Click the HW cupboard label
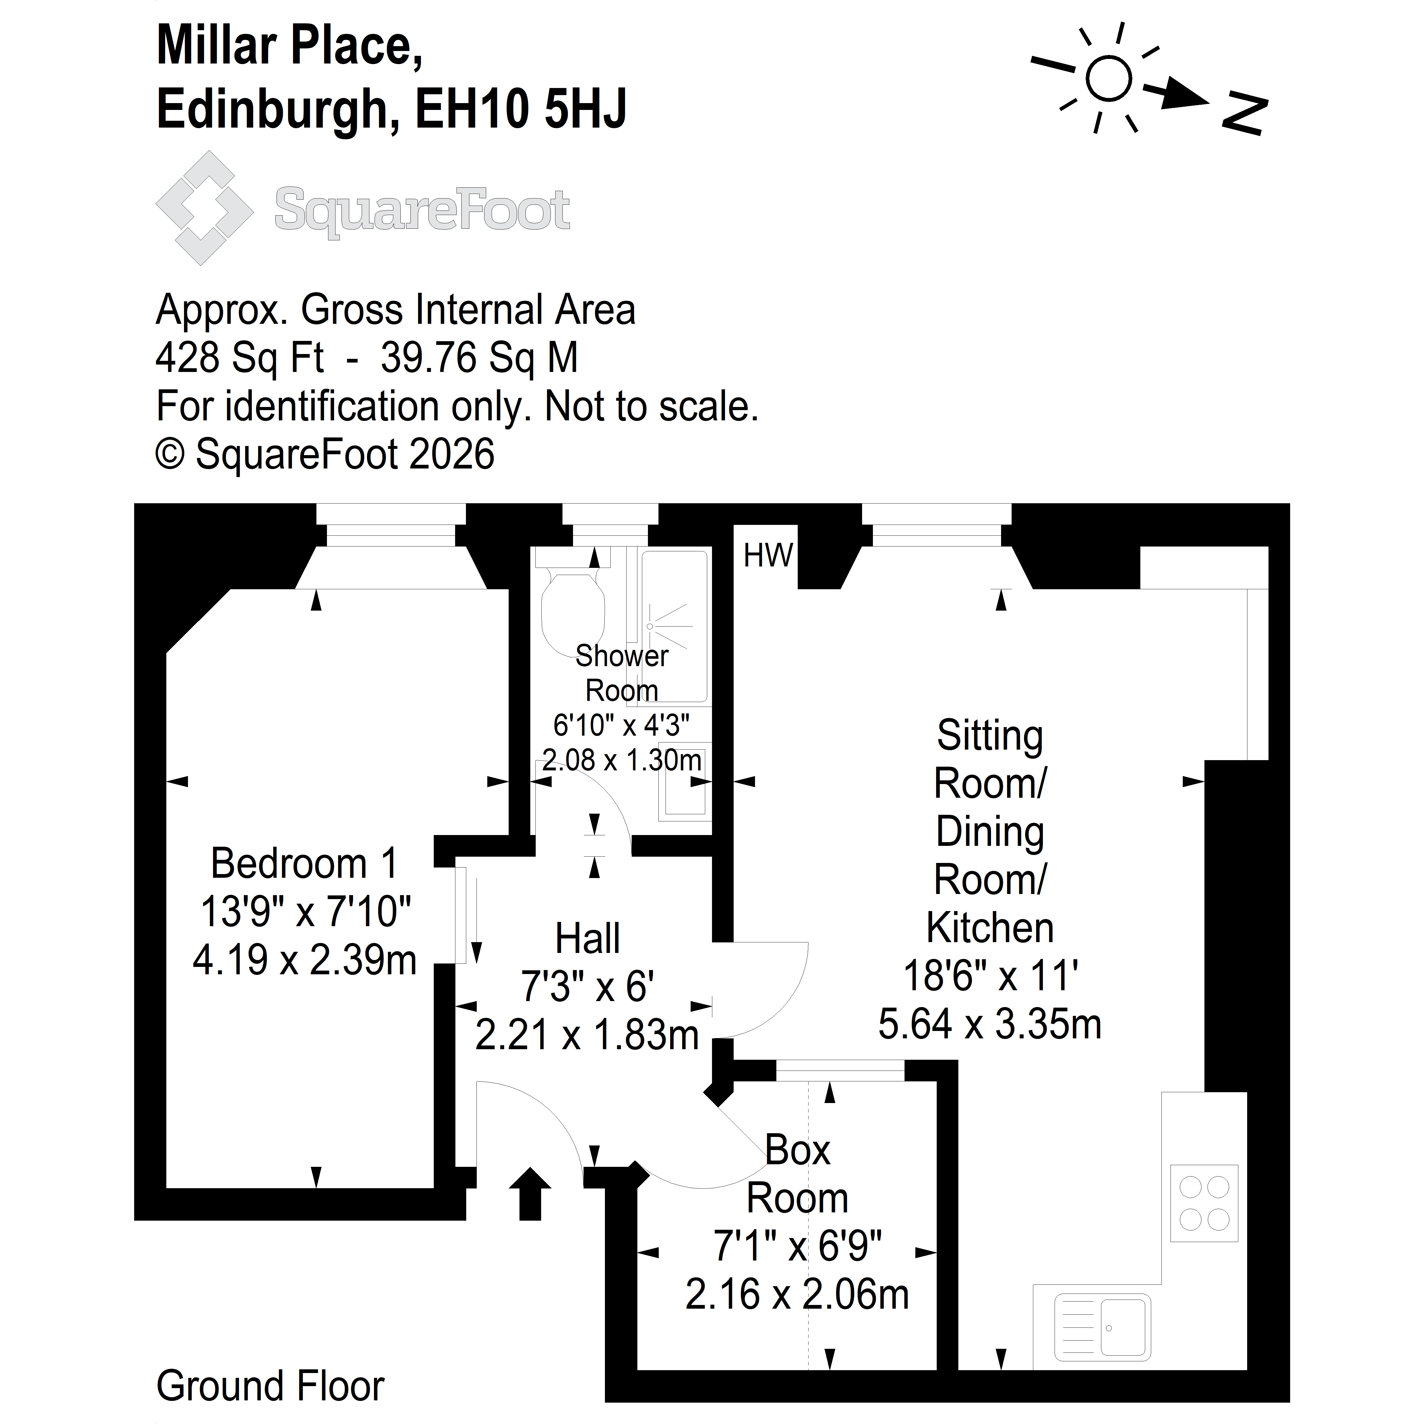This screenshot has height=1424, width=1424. pos(768,556)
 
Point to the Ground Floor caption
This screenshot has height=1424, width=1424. pos(271,1386)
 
